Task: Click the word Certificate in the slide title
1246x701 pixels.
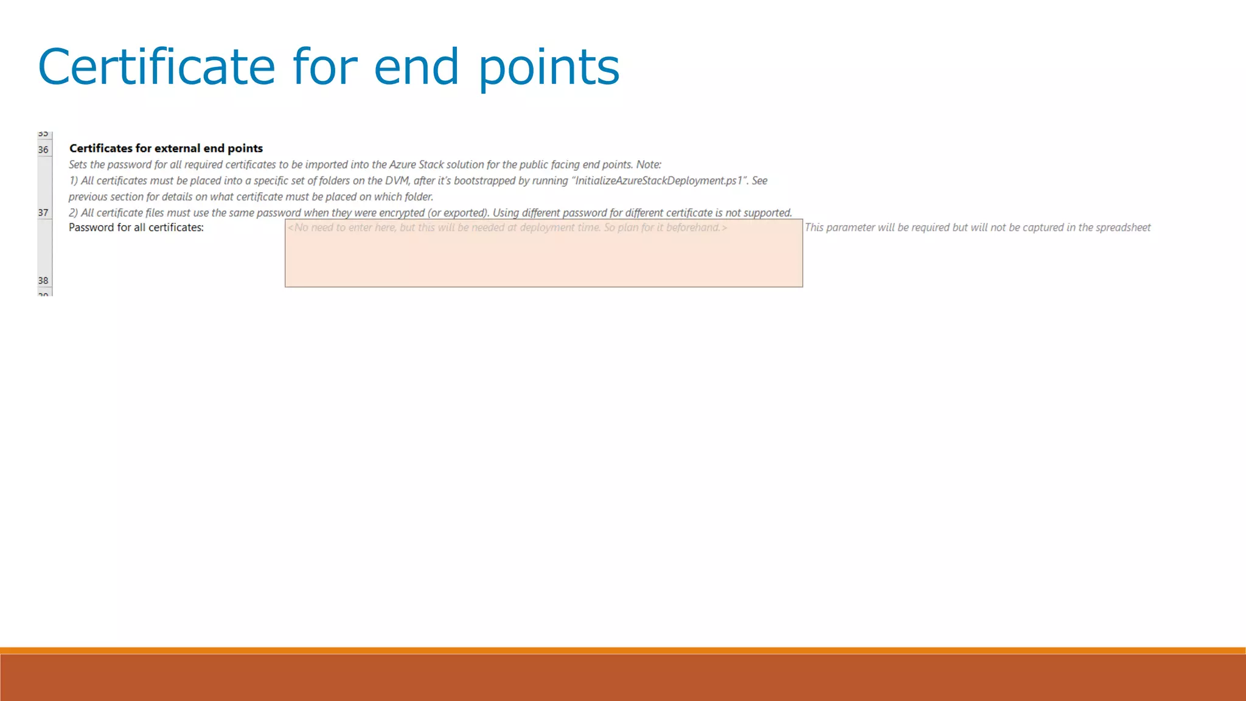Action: tap(156, 67)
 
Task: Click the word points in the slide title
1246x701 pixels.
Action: tap(549, 67)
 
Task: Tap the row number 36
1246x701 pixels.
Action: tap(43, 150)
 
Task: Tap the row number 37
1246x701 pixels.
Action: tap(43, 213)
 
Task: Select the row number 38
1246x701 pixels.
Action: tap(43, 281)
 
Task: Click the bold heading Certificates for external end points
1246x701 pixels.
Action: tap(166, 148)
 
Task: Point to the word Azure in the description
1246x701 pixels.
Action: tap(402, 165)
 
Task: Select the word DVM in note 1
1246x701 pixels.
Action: tap(397, 181)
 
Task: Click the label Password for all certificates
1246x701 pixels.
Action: tap(136, 228)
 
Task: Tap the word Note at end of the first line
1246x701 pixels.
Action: tap(648, 165)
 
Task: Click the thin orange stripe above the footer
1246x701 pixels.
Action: tap(623, 650)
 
